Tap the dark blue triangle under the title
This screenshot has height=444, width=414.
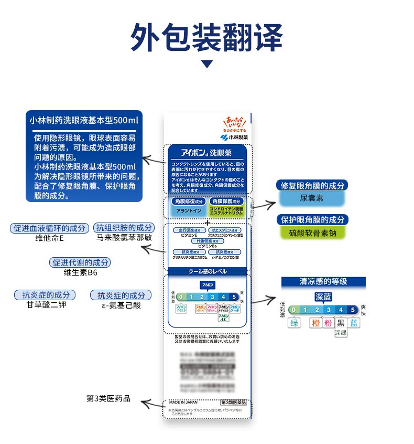click(x=208, y=64)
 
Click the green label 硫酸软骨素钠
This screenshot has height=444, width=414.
click(x=312, y=234)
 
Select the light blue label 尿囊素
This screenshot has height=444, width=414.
click(x=312, y=198)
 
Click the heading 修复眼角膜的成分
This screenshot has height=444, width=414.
click(x=312, y=185)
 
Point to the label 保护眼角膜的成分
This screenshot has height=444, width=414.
click(x=312, y=220)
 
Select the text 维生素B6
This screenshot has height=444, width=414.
click(x=81, y=273)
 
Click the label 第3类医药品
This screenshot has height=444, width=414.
click(x=108, y=399)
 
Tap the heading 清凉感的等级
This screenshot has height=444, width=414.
click(x=323, y=282)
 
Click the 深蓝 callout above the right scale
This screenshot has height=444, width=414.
click(x=323, y=297)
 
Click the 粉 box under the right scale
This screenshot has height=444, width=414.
click(x=328, y=323)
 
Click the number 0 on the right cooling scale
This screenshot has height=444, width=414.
click(x=294, y=310)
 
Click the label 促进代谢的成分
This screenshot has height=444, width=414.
click(x=81, y=262)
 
